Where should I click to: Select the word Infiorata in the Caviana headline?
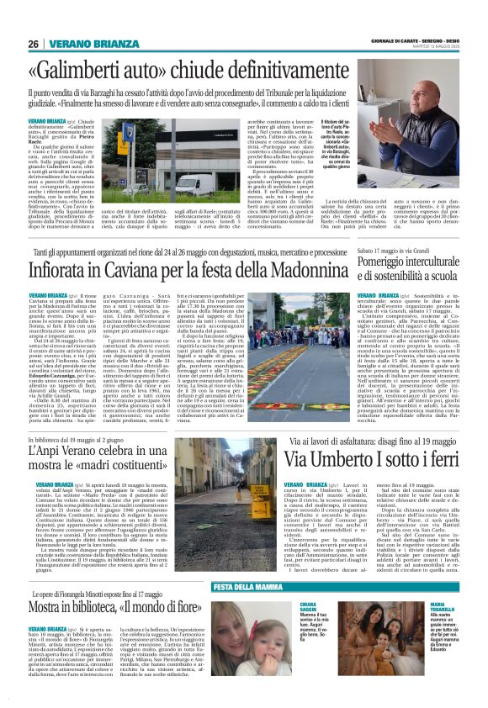pyautogui.click(x=64, y=270)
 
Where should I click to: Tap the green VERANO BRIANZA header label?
pyautogui.click(x=95, y=44)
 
